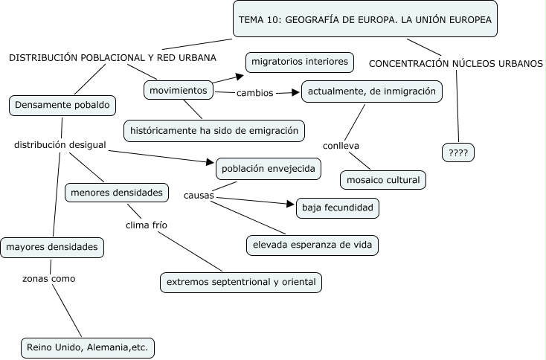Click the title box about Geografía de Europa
[x=365, y=20]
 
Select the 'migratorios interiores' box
[x=300, y=62]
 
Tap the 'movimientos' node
[x=178, y=90]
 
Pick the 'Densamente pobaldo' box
[x=62, y=106]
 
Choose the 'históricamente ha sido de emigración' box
[x=213, y=130]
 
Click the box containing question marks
[x=457, y=152]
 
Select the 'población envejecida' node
[x=269, y=169]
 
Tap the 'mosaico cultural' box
[x=383, y=179]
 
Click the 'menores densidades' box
[x=116, y=193]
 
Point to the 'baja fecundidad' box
[x=338, y=208]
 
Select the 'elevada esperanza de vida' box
[x=312, y=244]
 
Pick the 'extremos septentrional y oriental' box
[x=241, y=282]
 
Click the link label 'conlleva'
[x=341, y=146]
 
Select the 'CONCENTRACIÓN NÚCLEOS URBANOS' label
[x=455, y=63]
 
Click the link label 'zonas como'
[x=49, y=279]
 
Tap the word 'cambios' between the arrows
[x=254, y=94]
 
